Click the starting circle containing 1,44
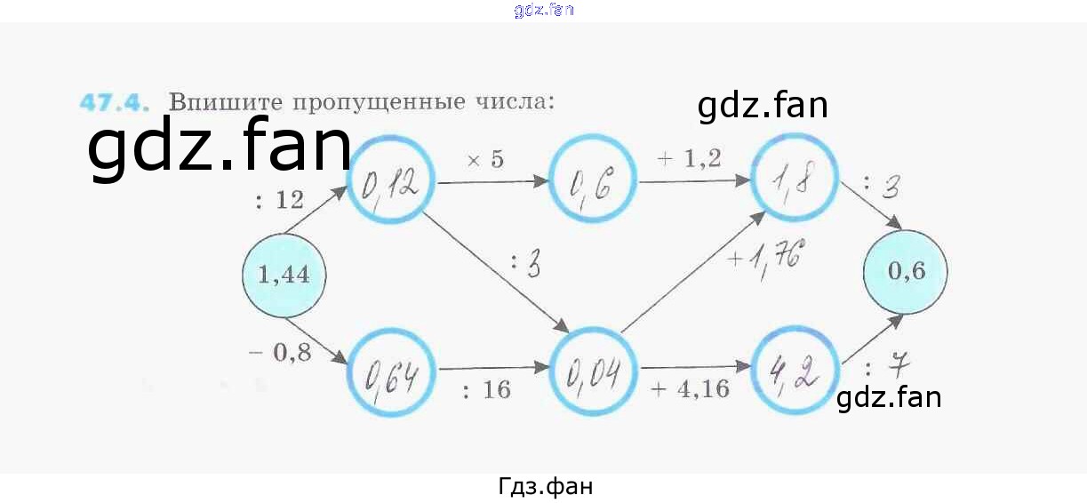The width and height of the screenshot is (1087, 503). [283, 275]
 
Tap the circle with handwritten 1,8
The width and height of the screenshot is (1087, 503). [795, 182]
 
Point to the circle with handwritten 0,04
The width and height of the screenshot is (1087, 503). [594, 368]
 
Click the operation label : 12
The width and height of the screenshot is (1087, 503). [279, 201]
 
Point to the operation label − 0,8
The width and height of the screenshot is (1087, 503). [280, 353]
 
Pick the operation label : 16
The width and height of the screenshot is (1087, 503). [486, 389]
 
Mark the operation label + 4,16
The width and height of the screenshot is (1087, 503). [691, 388]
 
